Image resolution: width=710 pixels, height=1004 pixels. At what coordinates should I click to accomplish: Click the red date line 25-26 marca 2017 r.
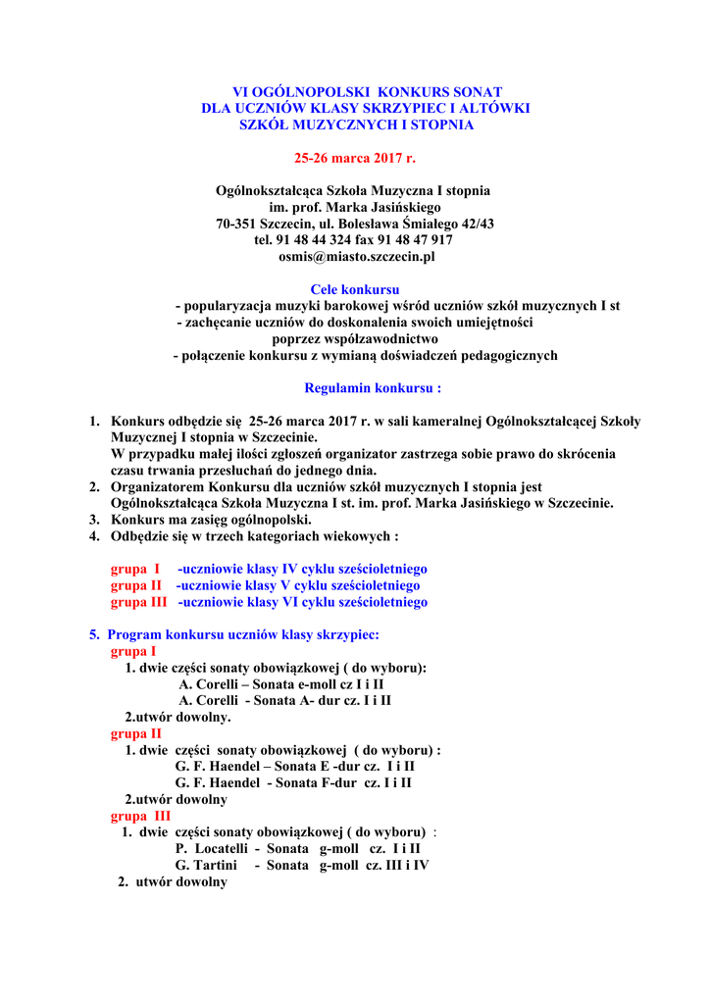tap(355, 157)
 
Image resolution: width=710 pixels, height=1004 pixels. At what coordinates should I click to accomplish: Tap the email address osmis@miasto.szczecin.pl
tap(355, 257)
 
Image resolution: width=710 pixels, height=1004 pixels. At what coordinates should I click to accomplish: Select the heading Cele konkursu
tap(355, 290)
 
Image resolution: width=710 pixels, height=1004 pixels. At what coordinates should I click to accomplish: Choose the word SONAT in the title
tap(475, 91)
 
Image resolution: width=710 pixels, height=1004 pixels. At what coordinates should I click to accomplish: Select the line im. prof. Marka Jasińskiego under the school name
tap(355, 207)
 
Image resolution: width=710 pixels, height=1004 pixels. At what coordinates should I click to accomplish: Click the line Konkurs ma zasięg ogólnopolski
tap(211, 520)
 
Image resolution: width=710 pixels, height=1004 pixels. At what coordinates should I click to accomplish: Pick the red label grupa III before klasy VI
tap(138, 602)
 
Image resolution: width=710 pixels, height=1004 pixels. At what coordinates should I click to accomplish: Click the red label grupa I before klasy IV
tap(135, 569)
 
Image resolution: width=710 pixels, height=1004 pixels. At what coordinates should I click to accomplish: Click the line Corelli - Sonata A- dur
tap(284, 701)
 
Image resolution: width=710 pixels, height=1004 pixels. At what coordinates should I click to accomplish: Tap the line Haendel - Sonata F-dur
tap(293, 783)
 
